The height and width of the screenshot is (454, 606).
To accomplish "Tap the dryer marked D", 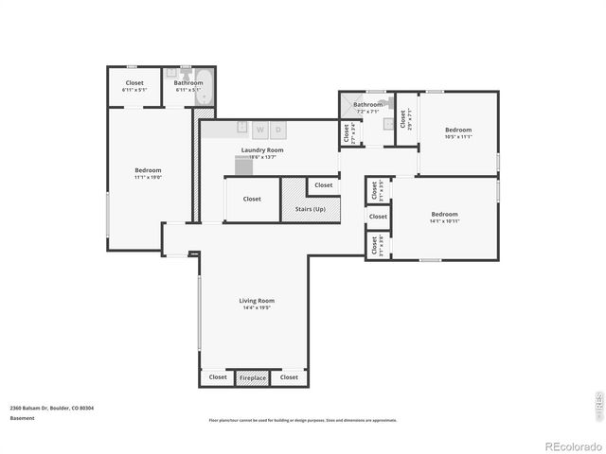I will click(278, 129).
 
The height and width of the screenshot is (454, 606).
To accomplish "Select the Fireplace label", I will click(253, 377).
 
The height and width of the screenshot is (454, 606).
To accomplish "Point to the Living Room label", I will click(257, 301).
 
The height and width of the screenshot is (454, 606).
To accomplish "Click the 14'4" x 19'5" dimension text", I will click(257, 308).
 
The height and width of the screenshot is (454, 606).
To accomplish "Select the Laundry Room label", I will click(262, 149).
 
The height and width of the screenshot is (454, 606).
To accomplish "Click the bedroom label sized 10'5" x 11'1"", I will click(458, 130).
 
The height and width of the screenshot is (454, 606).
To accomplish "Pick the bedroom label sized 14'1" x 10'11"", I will click(444, 214).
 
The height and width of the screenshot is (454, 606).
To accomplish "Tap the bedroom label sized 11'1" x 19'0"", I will click(149, 170).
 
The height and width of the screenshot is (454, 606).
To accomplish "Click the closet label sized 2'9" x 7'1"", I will click(403, 119).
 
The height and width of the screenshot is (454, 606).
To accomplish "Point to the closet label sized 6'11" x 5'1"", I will click(134, 83).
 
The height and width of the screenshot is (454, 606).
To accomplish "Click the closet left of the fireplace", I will click(218, 377).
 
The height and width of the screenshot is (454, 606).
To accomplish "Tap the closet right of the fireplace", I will click(289, 377).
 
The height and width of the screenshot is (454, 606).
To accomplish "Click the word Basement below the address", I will click(22, 418).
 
